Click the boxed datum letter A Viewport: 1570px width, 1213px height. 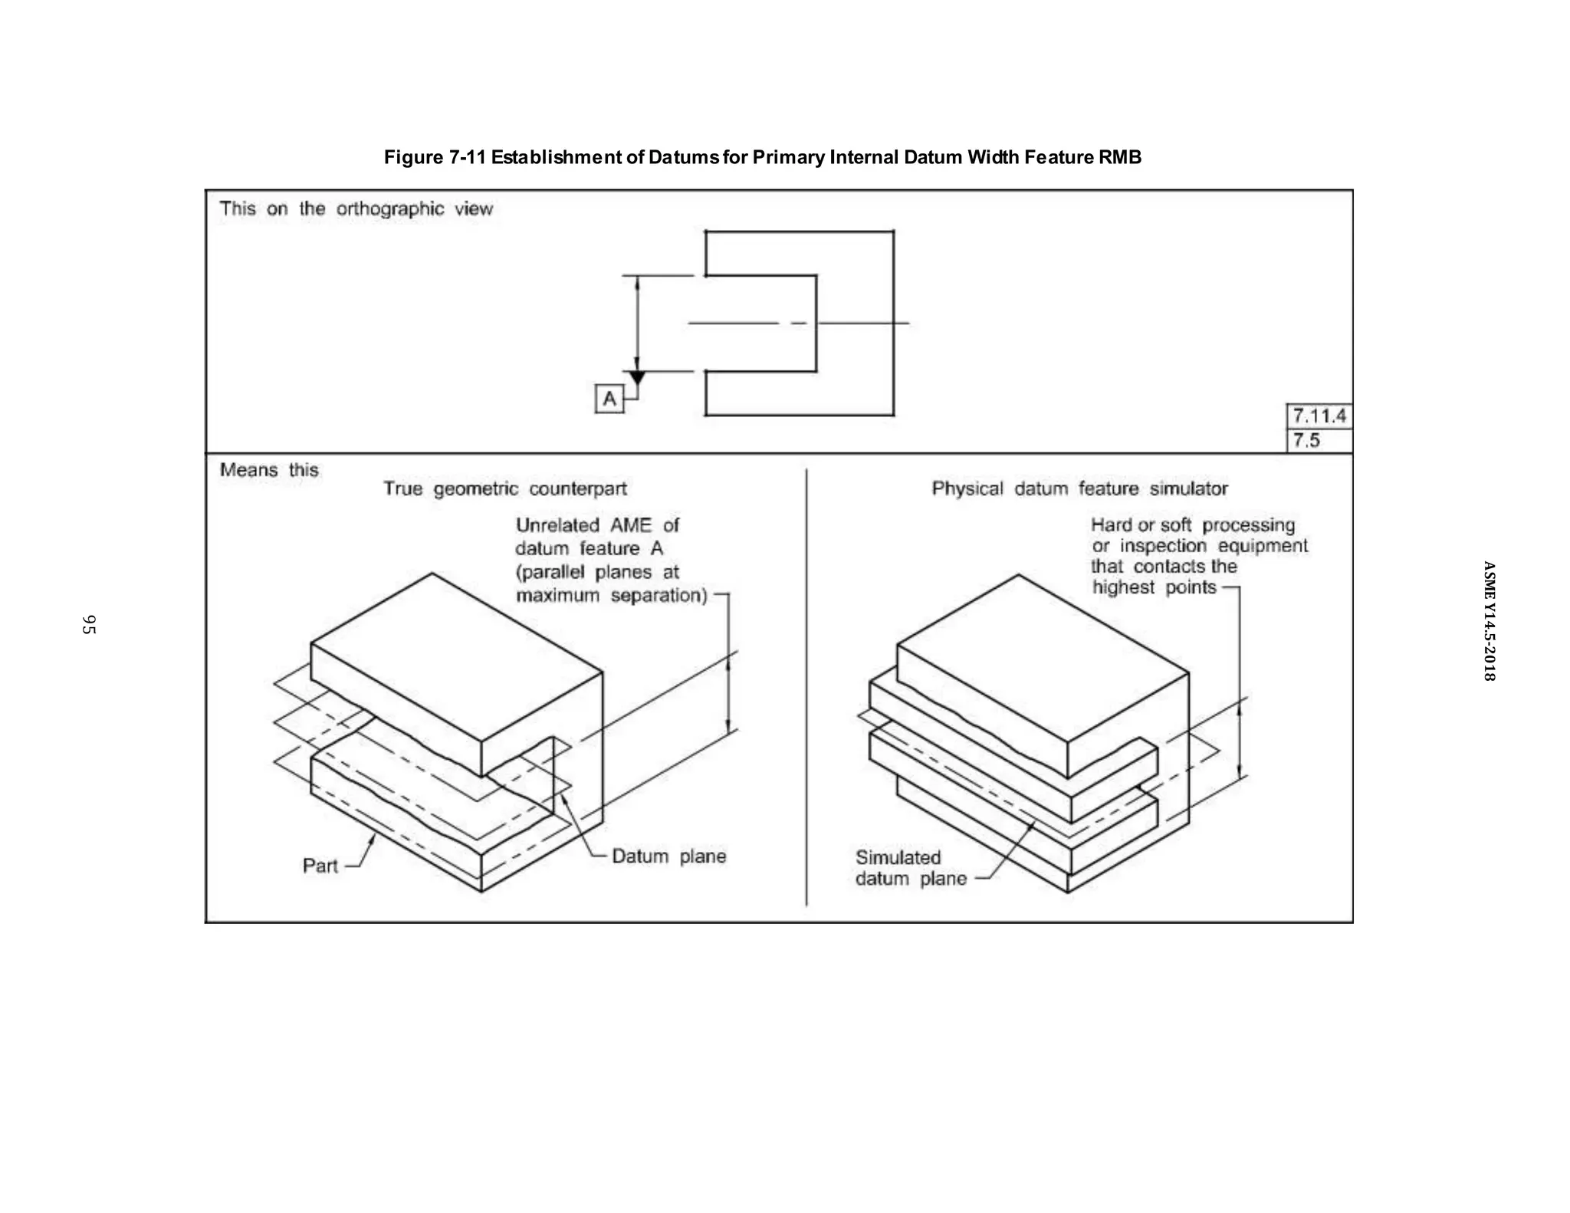609,399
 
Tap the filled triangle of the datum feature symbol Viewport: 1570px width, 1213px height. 637,377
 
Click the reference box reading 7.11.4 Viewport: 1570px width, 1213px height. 1319,416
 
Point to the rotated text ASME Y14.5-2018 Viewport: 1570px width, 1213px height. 1489,621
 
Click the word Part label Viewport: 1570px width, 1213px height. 320,866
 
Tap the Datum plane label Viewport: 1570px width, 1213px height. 668,856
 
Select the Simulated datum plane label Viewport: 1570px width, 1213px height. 910,868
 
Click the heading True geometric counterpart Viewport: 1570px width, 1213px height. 504,489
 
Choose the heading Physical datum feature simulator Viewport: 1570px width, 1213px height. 1079,489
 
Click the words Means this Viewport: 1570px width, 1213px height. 268,470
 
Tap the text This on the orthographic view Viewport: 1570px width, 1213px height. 356,209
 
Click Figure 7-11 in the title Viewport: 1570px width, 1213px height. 435,157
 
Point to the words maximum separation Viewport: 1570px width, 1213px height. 611,596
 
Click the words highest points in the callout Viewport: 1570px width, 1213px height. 1154,588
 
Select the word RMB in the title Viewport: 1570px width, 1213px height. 1119,157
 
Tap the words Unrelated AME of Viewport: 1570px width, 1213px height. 597,526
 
